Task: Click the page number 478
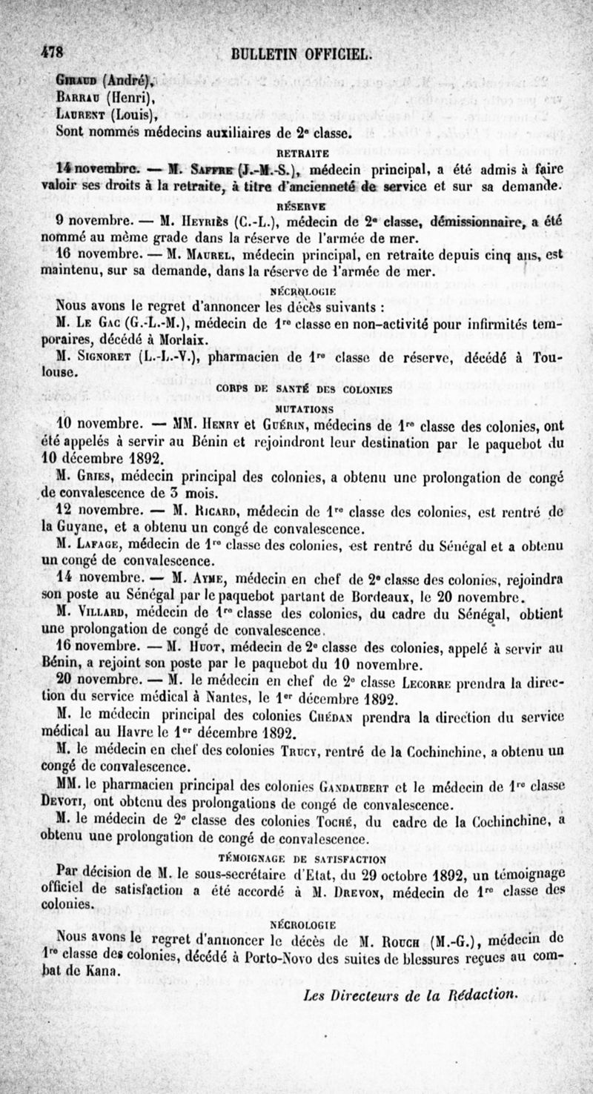[x=45, y=54]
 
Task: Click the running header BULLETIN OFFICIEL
[x=292, y=54]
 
